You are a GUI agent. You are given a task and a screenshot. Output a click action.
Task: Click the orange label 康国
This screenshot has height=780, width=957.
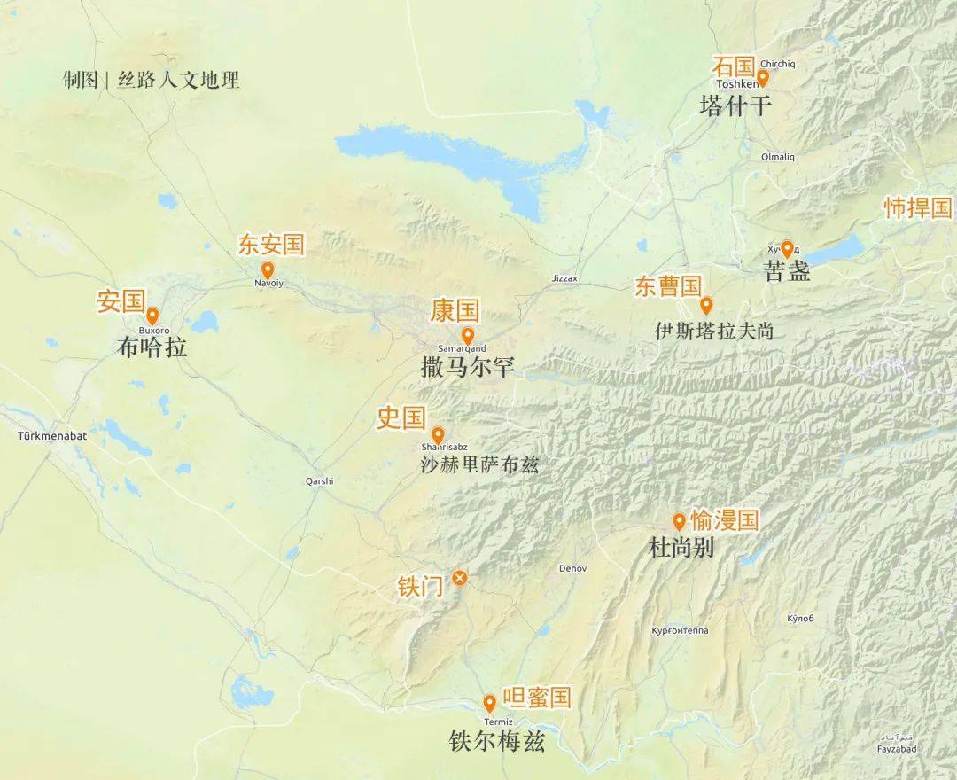coord(455,310)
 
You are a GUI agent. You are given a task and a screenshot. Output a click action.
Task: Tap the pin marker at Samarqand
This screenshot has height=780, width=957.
coord(468,336)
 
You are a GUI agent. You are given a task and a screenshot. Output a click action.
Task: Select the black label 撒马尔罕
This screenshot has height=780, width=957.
coord(467,367)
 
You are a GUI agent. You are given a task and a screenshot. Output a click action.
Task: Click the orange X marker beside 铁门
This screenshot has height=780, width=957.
coord(459,578)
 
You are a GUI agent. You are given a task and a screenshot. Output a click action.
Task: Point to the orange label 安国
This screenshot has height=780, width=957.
coord(121,301)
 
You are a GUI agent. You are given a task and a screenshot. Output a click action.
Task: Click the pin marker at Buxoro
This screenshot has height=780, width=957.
coord(152,316)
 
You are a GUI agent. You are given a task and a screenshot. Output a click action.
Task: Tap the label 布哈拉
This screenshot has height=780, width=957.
coord(152,347)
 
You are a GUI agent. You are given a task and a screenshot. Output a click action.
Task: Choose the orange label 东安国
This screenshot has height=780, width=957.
coord(270,245)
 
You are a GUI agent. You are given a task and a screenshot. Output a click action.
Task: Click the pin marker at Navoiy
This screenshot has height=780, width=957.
coord(267,269)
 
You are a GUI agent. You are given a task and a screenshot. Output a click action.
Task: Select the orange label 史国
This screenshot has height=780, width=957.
coord(401,417)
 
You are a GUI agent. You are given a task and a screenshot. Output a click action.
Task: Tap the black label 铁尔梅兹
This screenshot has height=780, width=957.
coord(497,741)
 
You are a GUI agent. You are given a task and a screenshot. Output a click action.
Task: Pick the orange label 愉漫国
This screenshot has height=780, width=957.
coord(724,519)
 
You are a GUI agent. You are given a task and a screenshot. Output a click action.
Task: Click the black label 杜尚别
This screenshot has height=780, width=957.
coord(681,549)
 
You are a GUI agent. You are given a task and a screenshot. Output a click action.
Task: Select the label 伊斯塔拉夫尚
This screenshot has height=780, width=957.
coord(714,331)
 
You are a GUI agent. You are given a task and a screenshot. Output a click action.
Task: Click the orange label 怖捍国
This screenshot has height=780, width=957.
coord(918,208)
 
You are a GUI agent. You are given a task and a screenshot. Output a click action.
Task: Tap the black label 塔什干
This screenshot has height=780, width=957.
coord(735,106)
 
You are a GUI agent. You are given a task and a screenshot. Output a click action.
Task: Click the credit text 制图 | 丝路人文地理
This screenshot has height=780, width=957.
coord(152,80)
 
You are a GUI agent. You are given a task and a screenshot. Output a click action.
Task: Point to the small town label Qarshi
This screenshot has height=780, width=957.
coord(319,481)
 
